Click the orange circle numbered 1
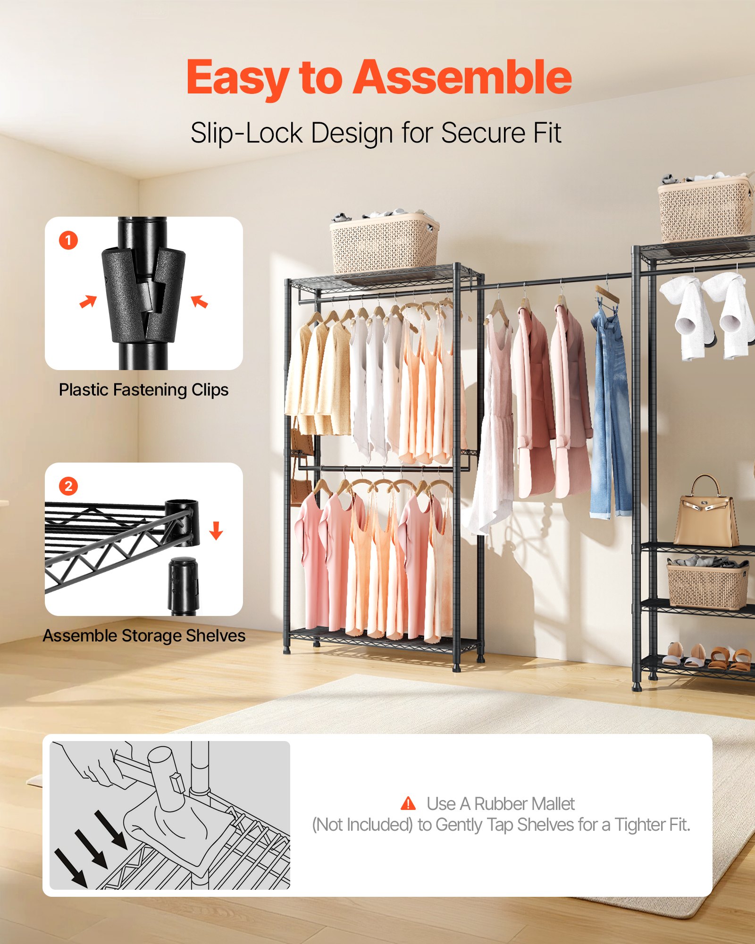click(x=68, y=240)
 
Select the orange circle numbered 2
click(x=68, y=486)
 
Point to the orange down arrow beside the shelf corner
click(x=216, y=531)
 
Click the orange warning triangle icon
click(x=408, y=803)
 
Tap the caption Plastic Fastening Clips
click(x=143, y=390)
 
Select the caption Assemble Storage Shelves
click(x=144, y=636)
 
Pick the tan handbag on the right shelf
click(x=705, y=514)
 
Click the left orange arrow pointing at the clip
click(x=88, y=301)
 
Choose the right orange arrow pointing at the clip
click(x=199, y=301)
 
